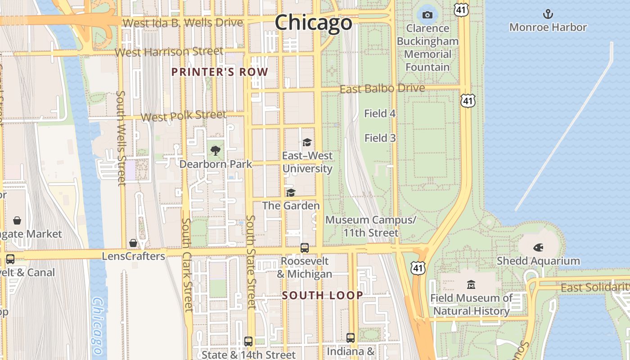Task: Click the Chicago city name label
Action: point(313,22)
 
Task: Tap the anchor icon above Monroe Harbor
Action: point(548,14)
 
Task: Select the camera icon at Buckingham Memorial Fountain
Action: point(427,15)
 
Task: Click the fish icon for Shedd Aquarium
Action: point(538,247)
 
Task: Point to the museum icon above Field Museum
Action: point(471,284)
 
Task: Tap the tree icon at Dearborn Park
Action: point(216,151)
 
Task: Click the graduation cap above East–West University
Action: point(307,142)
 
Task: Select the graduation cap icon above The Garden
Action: point(291,193)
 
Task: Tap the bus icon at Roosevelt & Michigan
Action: point(305,247)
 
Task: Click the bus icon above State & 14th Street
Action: point(248,341)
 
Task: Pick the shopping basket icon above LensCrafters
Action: point(133,243)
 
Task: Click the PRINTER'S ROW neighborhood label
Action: point(220,72)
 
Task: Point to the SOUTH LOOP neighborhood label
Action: point(322,295)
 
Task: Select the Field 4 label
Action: point(380,113)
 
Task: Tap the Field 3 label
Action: point(380,138)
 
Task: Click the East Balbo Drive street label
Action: point(382,88)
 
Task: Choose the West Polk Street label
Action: point(183,116)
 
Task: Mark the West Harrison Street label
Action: point(169,52)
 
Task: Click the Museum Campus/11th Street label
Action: point(371,226)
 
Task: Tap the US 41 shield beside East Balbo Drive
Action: point(468,101)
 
